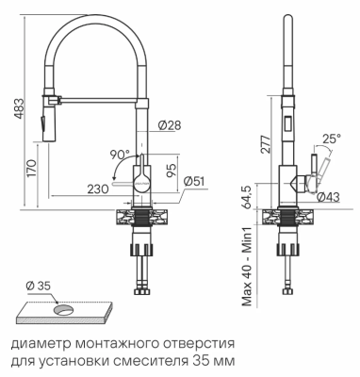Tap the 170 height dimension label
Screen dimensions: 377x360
[x=33, y=169]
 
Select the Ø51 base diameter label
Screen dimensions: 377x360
[x=194, y=180]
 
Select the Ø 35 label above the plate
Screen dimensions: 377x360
[x=38, y=284]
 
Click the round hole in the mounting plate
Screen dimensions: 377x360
[x=62, y=308]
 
